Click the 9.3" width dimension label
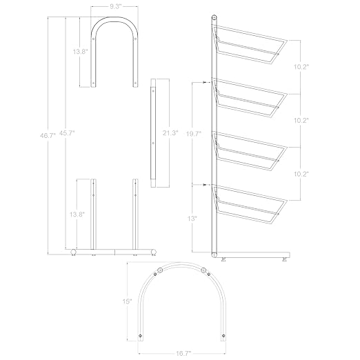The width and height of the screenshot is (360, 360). pyautogui.click(x=115, y=6)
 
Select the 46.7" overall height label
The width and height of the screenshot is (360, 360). pyautogui.click(x=48, y=135)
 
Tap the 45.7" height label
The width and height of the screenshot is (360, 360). pyautogui.click(x=67, y=133)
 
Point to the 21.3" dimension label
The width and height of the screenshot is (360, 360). pyautogui.click(x=170, y=133)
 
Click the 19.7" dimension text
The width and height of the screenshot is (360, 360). pyautogui.click(x=194, y=134)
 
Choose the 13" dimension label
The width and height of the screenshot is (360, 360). pyautogui.click(x=192, y=219)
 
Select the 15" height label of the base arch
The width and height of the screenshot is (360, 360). pyautogui.click(x=127, y=301)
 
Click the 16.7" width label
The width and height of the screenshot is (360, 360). pyautogui.click(x=183, y=353)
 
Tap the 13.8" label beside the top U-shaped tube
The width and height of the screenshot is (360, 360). pyautogui.click(x=81, y=52)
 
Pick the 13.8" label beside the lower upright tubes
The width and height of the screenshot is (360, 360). pyautogui.click(x=77, y=214)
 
